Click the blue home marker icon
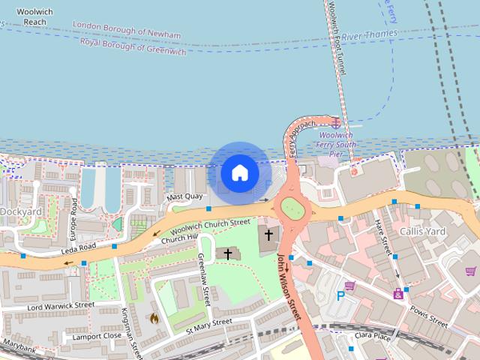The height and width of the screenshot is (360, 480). pyautogui.click(x=239, y=172)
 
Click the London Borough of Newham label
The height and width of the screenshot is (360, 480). pyautogui.click(x=127, y=30)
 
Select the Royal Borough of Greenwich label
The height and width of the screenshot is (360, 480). pyautogui.click(x=133, y=46)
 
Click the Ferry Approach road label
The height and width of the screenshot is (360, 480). pyautogui.click(x=293, y=142)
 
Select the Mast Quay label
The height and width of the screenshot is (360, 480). pyautogui.click(x=184, y=197)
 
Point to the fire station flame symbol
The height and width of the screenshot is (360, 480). pyautogui.click(x=154, y=318)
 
